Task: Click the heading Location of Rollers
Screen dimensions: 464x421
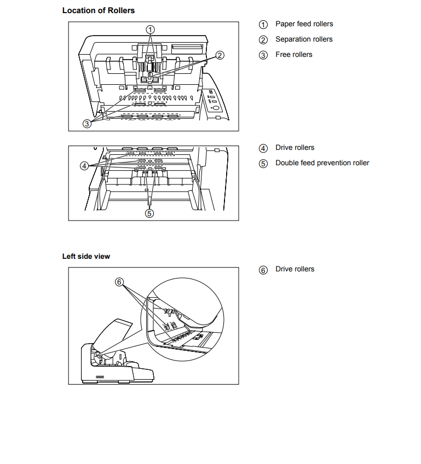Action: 98,10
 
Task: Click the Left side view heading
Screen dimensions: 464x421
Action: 86,256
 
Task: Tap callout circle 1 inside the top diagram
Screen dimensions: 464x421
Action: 150,29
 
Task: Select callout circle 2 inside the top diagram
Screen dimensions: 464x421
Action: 219,55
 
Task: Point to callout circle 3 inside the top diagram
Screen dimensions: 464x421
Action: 87,124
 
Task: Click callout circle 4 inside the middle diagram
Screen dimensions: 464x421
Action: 84,165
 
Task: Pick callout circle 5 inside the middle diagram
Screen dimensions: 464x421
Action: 149,213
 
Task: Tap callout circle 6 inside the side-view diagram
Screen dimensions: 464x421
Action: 120,281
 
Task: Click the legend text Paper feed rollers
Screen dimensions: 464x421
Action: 304,24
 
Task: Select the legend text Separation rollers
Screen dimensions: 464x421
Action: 304,39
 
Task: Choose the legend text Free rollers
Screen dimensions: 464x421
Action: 293,55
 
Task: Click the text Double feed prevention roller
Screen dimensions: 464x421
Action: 322,163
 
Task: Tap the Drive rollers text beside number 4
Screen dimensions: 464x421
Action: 295,148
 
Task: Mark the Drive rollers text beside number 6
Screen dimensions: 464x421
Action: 295,269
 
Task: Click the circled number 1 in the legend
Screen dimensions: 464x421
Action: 263,25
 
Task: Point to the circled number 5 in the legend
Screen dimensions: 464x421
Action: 263,164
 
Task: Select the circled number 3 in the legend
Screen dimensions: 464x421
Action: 263,55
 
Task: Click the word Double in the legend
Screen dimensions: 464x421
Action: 287,163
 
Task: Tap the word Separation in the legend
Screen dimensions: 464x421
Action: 293,39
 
